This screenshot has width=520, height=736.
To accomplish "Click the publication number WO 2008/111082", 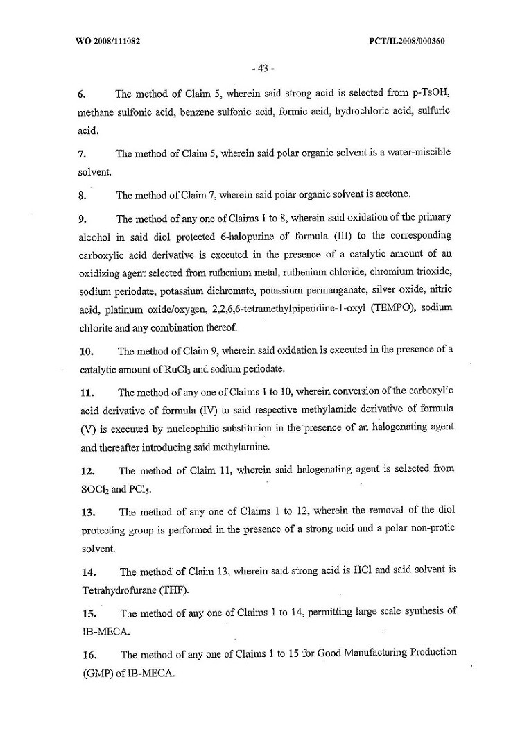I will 107,41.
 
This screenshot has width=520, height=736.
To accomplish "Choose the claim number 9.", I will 80,219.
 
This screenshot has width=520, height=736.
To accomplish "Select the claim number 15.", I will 84,613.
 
